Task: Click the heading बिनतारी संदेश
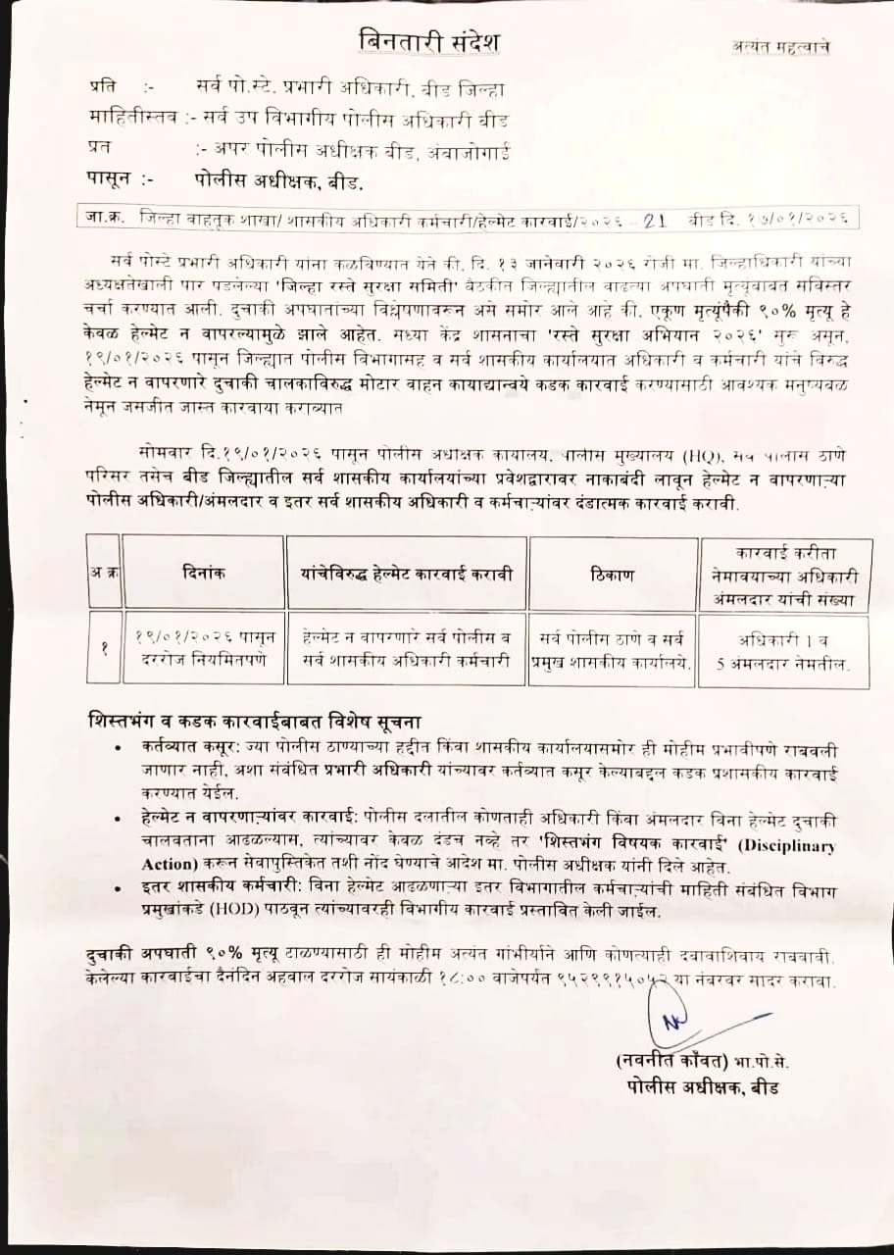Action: click(428, 42)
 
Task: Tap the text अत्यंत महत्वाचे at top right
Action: click(780, 46)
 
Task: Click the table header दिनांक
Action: click(204, 573)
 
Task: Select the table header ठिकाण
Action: click(612, 573)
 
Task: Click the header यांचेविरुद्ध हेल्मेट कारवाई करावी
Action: click(406, 573)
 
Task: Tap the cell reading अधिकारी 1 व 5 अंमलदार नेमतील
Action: click(783, 649)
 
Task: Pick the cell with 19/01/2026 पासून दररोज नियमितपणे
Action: click(204, 649)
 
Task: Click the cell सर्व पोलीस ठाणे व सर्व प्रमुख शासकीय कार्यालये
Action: click(612, 649)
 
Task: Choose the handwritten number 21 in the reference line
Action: click(655, 221)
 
